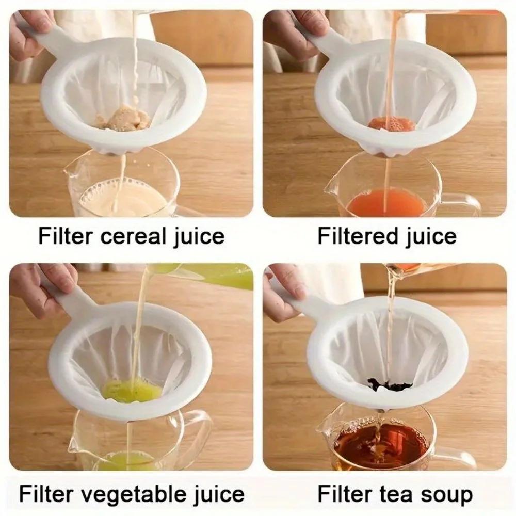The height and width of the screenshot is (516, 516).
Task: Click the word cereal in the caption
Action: tap(132, 237)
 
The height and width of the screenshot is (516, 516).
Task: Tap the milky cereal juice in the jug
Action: tap(124, 199)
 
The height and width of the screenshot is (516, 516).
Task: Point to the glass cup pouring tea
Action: tap(413, 268)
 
